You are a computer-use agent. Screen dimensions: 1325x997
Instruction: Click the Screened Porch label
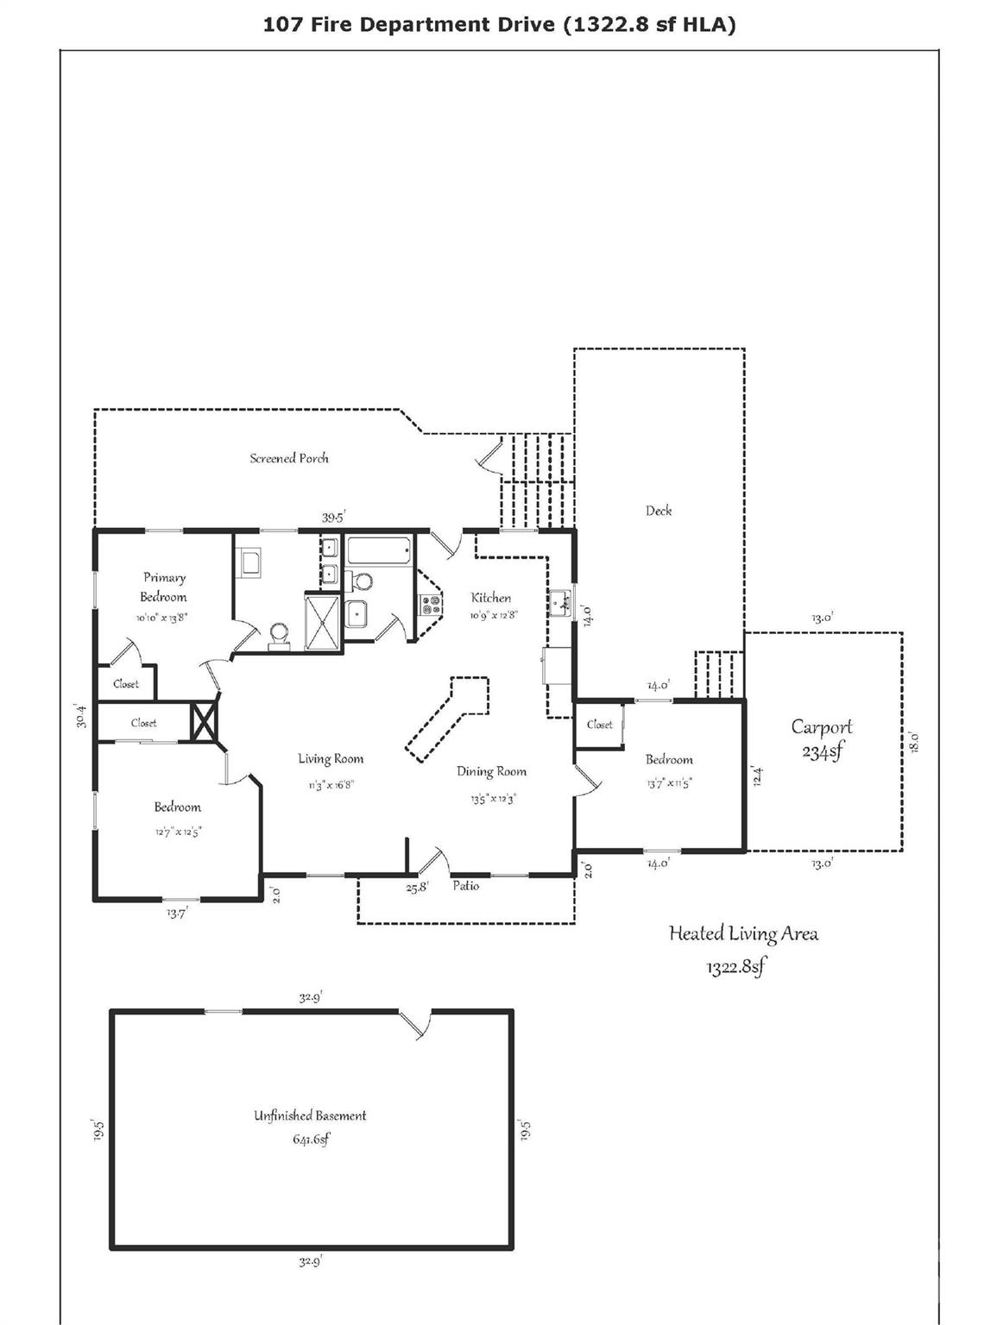[x=289, y=458]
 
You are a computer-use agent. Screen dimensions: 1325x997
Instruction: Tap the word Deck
[x=659, y=511]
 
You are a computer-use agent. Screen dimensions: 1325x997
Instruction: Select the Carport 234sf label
[x=822, y=738]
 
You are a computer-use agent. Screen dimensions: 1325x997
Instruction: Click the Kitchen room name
[x=490, y=597]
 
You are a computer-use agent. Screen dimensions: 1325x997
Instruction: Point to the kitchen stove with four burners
[x=430, y=605]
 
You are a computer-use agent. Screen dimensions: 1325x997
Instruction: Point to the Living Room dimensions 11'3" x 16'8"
[x=331, y=785]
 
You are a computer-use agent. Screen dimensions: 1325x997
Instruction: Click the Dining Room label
[x=491, y=771]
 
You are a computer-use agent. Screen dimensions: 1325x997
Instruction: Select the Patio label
[x=465, y=886]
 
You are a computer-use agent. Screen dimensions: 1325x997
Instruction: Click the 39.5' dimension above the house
[x=333, y=518]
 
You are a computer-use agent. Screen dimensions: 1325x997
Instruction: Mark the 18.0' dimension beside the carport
[x=914, y=742]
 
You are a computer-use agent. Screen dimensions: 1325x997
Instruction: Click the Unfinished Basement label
[x=310, y=1115]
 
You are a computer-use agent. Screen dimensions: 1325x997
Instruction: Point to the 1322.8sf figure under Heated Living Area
[x=735, y=967]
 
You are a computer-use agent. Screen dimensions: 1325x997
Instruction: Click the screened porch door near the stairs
[x=488, y=457]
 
